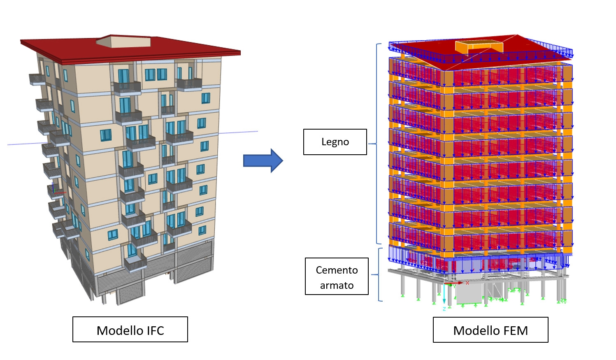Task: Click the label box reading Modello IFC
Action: pyautogui.click(x=130, y=329)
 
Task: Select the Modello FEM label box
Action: pyautogui.click(x=490, y=330)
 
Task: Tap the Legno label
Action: pyautogui.click(x=335, y=142)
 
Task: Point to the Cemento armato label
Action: pyautogui.click(x=337, y=276)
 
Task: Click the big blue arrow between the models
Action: pyautogui.click(x=263, y=160)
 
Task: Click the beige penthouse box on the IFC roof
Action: pyautogui.click(x=123, y=41)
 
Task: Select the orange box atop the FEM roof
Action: pyautogui.click(x=479, y=46)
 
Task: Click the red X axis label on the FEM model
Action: pyautogui.click(x=467, y=283)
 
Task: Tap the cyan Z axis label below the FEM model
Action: pyautogui.click(x=444, y=309)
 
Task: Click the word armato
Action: pyautogui.click(x=337, y=286)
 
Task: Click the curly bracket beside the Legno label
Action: pyautogui.click(x=377, y=144)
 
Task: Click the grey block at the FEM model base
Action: pyautogui.click(x=469, y=294)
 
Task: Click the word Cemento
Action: pyautogui.click(x=337, y=270)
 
